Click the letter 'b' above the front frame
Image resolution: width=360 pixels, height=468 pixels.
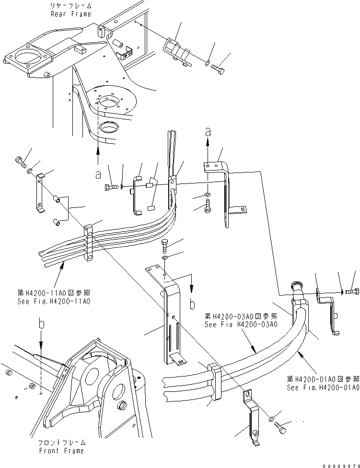pos(42,324)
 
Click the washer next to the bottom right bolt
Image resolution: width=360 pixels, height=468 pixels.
pos(272,419)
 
